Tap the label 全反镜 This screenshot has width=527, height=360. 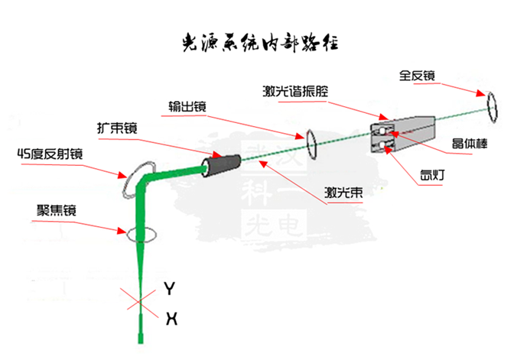coord(417,76)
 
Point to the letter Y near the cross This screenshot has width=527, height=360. coord(171,288)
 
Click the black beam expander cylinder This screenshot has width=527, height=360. coord(222,163)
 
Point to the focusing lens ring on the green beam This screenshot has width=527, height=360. coord(141,232)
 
